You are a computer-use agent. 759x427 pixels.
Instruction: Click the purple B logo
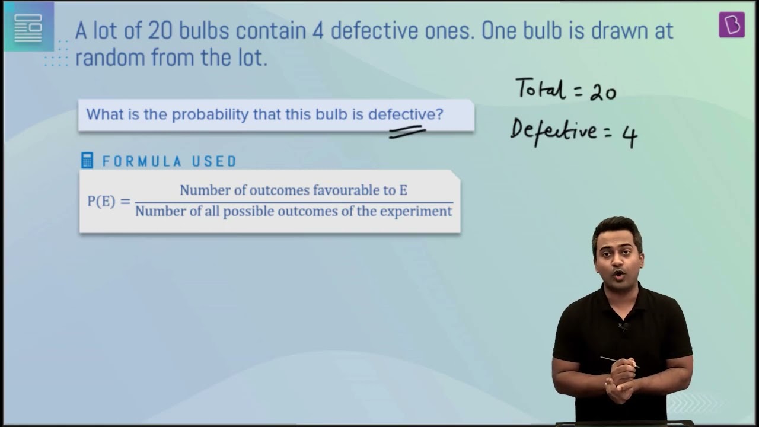pyautogui.click(x=732, y=24)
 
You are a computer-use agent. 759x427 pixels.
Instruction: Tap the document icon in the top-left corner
pyautogui.click(x=28, y=28)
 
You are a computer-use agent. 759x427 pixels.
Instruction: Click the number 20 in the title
pyautogui.click(x=161, y=31)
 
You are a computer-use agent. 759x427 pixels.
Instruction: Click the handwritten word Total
pyautogui.click(x=540, y=88)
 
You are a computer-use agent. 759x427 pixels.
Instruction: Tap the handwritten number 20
pyautogui.click(x=603, y=93)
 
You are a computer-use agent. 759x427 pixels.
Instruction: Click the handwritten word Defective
pyautogui.click(x=553, y=131)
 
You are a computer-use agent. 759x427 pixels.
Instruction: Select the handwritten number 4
pyautogui.click(x=630, y=137)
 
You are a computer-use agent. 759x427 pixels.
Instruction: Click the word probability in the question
pyautogui.click(x=210, y=114)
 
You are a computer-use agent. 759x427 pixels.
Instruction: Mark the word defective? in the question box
pyautogui.click(x=406, y=114)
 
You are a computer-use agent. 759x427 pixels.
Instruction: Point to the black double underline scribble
pyautogui.click(x=407, y=132)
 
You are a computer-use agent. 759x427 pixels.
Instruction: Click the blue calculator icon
pyautogui.click(x=87, y=160)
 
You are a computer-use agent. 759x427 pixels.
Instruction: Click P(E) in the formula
pyautogui.click(x=101, y=201)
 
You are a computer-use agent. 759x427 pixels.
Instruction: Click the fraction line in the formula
pyautogui.click(x=294, y=203)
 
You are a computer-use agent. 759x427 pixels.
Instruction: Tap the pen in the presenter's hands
pyautogui.click(x=620, y=362)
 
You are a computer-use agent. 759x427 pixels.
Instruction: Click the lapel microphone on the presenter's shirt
pyautogui.click(x=623, y=327)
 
